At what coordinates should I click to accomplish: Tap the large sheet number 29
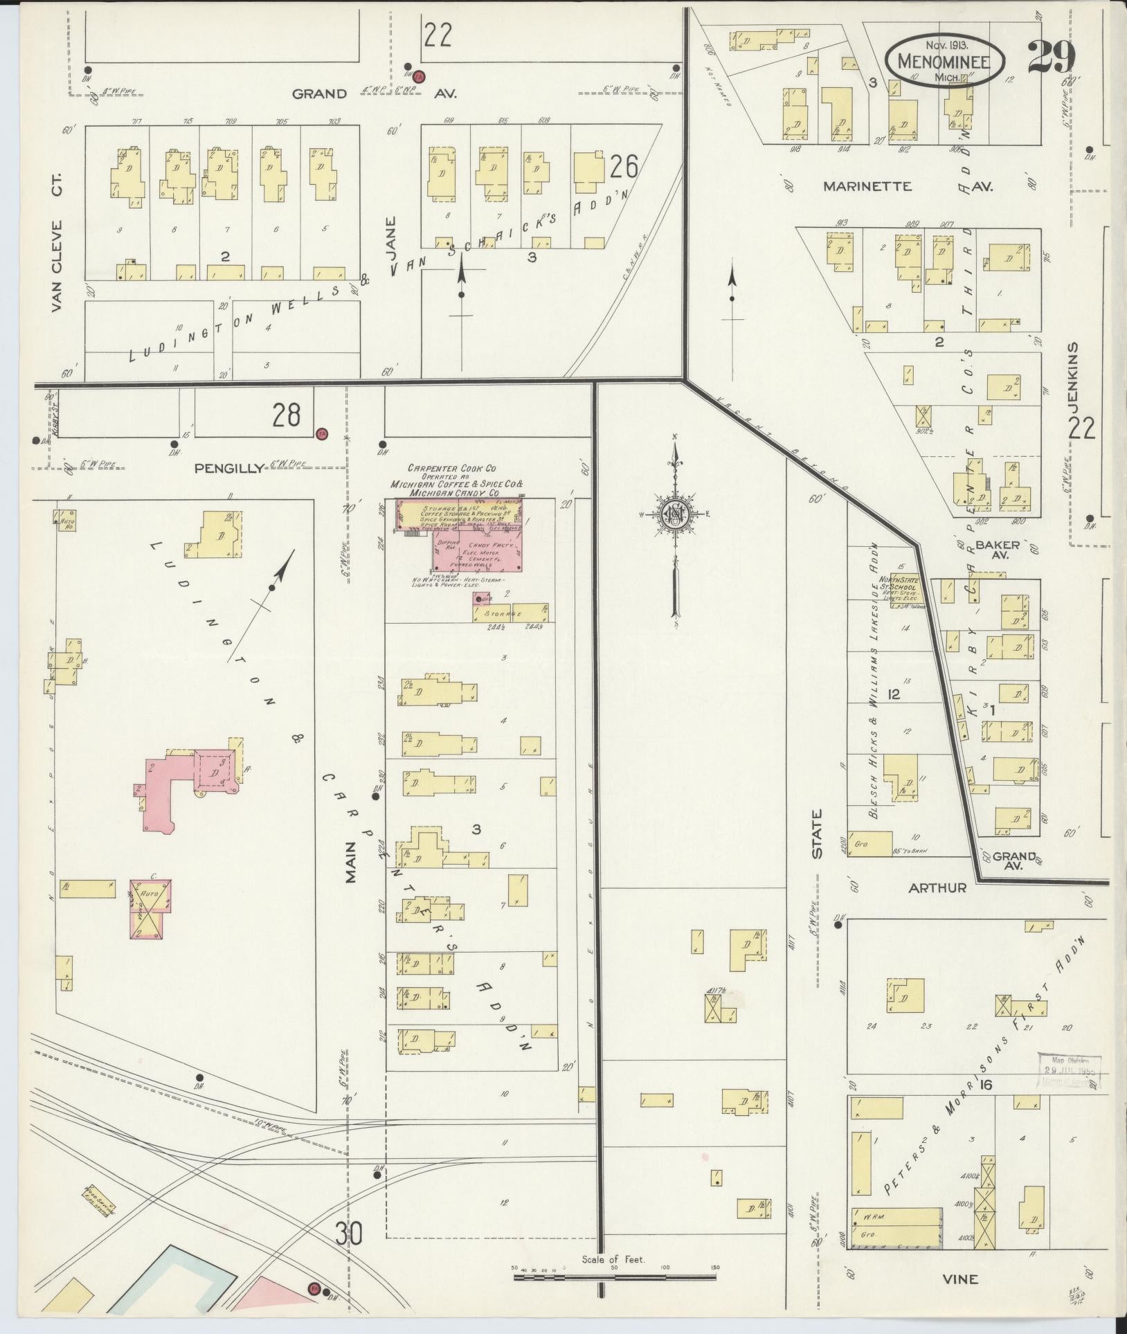(x=1051, y=57)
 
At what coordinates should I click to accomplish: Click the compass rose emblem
(x=673, y=514)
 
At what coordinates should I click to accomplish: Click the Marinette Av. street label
(x=908, y=186)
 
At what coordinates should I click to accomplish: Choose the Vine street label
(x=961, y=1279)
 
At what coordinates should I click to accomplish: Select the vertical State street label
(x=818, y=834)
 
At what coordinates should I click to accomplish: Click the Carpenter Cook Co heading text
(x=451, y=469)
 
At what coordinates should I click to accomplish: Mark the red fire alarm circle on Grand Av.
(x=420, y=75)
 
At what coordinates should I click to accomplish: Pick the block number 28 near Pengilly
(x=286, y=415)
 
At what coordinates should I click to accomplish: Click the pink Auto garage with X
(x=150, y=908)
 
